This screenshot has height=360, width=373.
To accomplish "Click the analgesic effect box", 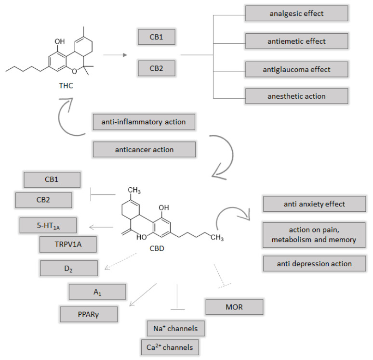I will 296,13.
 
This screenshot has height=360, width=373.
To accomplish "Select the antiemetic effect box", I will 296,41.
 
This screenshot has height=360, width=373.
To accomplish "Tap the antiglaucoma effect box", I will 296,69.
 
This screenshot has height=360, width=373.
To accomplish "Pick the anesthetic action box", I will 296,96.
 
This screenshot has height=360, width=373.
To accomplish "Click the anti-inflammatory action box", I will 144,122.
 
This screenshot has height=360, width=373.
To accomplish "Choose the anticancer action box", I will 144,149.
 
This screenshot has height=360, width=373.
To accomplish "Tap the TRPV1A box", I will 67,244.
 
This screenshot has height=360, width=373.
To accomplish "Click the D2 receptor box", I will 69,268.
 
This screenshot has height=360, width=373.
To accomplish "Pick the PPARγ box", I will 89,314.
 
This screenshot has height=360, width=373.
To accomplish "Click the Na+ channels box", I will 175,329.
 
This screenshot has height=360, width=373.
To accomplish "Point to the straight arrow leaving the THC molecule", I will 115,55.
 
